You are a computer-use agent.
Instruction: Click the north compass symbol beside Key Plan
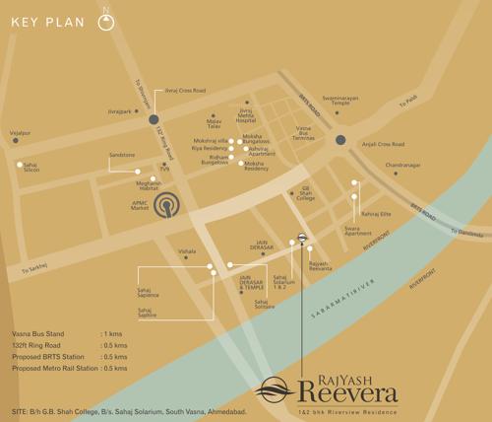106,22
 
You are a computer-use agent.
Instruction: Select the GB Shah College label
305,193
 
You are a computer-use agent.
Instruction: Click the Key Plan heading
45,21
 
